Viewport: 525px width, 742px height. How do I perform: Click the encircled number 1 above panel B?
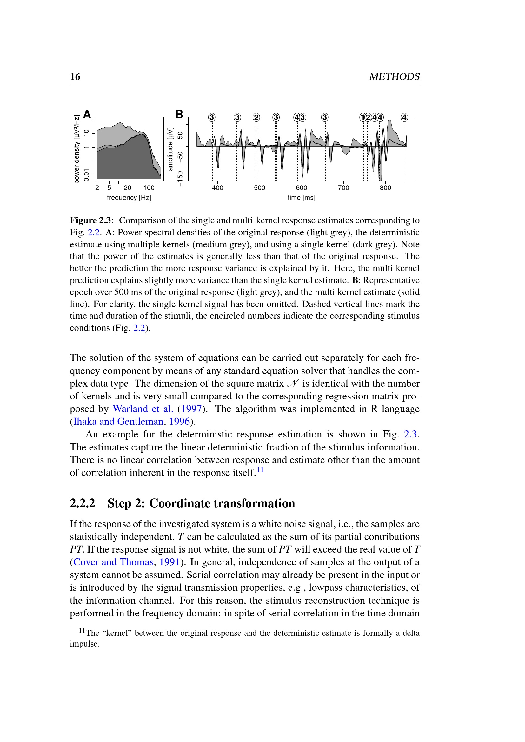click(x=363, y=117)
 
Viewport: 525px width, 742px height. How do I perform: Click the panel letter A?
click(x=87, y=115)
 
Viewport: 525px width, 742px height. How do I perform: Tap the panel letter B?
click(x=179, y=115)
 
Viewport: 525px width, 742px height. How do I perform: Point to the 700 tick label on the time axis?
click(x=343, y=188)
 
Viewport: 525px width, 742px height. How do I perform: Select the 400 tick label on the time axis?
click(x=217, y=188)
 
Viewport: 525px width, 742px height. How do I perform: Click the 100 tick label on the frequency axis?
click(x=149, y=188)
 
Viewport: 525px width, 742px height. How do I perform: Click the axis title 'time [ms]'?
click(x=301, y=197)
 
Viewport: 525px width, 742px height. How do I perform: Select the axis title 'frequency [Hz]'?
click(x=129, y=197)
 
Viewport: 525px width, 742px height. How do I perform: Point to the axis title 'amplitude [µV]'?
click(x=170, y=149)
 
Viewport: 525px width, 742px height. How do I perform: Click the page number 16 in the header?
click(x=75, y=76)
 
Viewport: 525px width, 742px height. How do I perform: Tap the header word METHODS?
click(x=394, y=76)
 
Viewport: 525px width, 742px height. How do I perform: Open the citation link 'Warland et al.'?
click(x=143, y=409)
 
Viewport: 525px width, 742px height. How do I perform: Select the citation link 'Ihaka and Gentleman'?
click(x=118, y=421)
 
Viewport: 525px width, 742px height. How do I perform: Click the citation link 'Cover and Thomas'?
click(x=113, y=562)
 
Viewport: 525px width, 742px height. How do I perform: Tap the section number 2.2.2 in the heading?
click(x=83, y=503)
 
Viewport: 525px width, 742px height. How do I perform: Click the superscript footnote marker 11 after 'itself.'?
click(x=260, y=469)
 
